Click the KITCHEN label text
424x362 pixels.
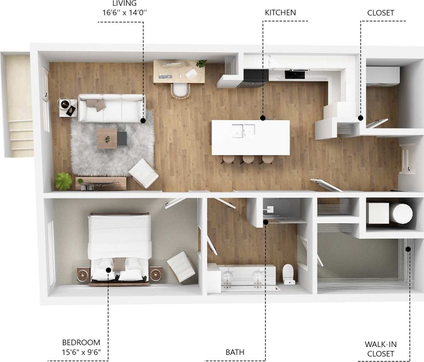(x=280, y=13)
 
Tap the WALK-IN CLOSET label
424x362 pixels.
(x=380, y=349)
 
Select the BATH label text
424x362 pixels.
(x=235, y=352)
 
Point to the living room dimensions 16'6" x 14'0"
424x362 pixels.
(x=125, y=12)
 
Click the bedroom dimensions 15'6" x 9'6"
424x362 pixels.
(x=81, y=351)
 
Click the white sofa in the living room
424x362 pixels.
(x=111, y=108)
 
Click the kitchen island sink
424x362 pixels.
(x=243, y=131)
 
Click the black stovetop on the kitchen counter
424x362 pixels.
(x=295, y=74)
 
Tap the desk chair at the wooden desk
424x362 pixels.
(x=181, y=91)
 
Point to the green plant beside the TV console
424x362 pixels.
(x=63, y=181)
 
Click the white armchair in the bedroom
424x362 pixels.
(x=181, y=266)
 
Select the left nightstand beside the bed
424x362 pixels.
(x=83, y=275)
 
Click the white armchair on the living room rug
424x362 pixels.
(x=143, y=173)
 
